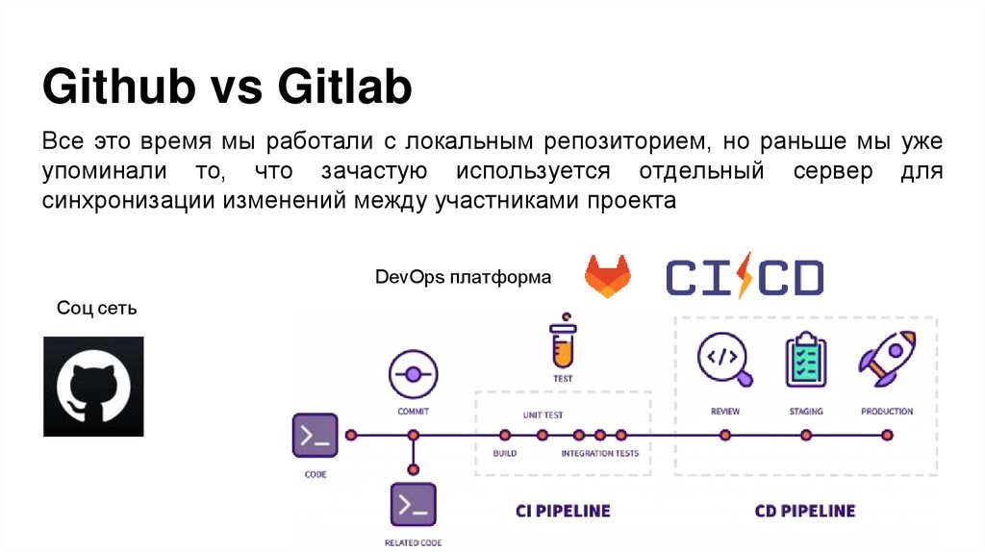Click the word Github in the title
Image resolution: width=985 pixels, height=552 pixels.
(x=115, y=88)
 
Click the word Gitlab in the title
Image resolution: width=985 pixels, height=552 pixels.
(x=345, y=88)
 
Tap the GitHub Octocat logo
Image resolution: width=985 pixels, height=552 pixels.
(x=93, y=387)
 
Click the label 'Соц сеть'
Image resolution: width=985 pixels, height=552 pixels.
(x=97, y=309)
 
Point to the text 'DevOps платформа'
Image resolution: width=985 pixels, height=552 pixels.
(x=464, y=277)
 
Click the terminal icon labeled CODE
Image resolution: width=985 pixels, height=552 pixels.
(x=316, y=436)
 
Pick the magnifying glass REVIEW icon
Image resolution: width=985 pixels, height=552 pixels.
(x=726, y=358)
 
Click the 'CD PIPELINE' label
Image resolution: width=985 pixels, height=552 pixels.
(x=804, y=511)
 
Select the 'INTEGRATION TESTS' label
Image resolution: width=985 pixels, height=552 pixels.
(x=599, y=453)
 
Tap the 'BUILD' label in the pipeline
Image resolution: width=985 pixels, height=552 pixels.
(x=505, y=453)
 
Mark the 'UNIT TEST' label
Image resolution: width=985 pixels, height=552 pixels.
(x=543, y=415)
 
